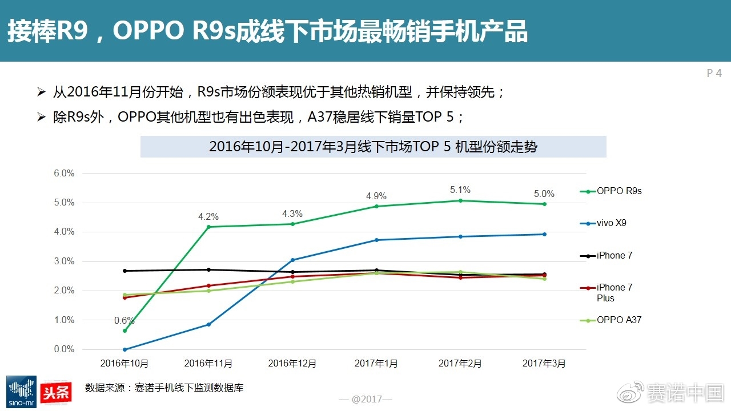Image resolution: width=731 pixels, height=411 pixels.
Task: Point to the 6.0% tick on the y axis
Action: pos(64,173)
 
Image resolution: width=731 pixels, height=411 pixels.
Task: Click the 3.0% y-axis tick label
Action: pos(64,261)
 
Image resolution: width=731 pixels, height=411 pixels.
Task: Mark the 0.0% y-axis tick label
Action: pos(64,349)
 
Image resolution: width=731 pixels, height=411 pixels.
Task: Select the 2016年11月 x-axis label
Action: pos(208,363)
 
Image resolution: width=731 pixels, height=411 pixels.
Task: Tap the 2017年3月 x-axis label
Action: pos(544,363)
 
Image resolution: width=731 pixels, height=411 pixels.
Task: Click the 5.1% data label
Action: pos(460,190)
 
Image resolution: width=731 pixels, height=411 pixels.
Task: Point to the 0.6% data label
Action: pos(124,320)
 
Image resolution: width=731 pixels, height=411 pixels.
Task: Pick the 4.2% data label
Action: pos(208,217)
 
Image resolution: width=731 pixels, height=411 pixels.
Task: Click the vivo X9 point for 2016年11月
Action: pos(208,324)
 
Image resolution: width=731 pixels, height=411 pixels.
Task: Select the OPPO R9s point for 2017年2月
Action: pos(460,200)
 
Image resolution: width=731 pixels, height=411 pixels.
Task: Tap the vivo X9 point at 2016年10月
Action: pos(124,349)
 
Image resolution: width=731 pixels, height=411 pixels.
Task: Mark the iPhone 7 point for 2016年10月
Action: pos(124,271)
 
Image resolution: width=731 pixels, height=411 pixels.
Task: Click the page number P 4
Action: pos(714,73)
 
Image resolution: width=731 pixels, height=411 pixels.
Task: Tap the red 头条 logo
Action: pos(56,391)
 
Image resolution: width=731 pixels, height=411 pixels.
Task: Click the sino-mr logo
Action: pos(21,392)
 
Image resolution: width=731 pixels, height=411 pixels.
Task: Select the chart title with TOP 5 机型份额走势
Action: pos(373,147)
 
